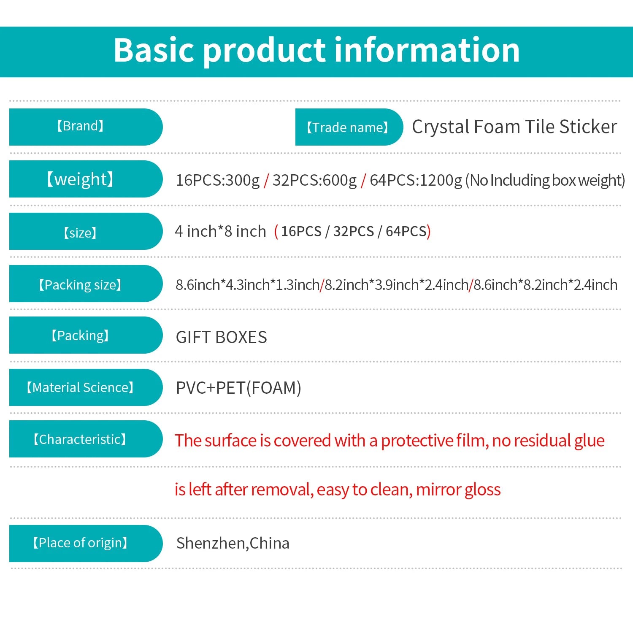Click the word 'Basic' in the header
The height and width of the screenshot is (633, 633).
coord(155,50)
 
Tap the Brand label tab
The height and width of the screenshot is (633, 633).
coord(86,127)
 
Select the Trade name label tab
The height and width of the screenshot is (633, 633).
coord(349,127)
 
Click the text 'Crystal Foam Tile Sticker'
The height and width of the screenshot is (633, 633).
coord(514,127)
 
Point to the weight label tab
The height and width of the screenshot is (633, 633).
coord(86,179)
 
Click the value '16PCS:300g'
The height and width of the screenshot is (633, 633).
coord(218,180)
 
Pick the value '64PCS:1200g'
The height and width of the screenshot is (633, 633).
coord(416,180)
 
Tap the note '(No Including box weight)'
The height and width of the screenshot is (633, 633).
coord(545,180)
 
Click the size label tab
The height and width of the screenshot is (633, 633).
coord(86,231)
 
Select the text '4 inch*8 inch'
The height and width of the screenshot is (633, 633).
coord(221,231)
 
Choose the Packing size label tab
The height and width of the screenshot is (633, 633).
coord(86,284)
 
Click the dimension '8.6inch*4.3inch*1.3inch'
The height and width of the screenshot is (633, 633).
coord(248,285)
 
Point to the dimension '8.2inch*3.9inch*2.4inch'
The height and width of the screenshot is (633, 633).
coord(396,285)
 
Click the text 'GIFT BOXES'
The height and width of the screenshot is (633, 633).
coord(222,338)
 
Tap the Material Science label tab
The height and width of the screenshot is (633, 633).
coord(86,387)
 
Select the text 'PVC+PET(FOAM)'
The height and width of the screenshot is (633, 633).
coord(239,388)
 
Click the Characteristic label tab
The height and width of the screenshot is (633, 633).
coord(86,439)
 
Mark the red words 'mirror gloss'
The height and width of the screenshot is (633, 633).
coord(458,490)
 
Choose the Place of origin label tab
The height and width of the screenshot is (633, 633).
coord(86,544)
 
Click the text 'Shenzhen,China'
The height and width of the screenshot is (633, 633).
coord(233,543)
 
